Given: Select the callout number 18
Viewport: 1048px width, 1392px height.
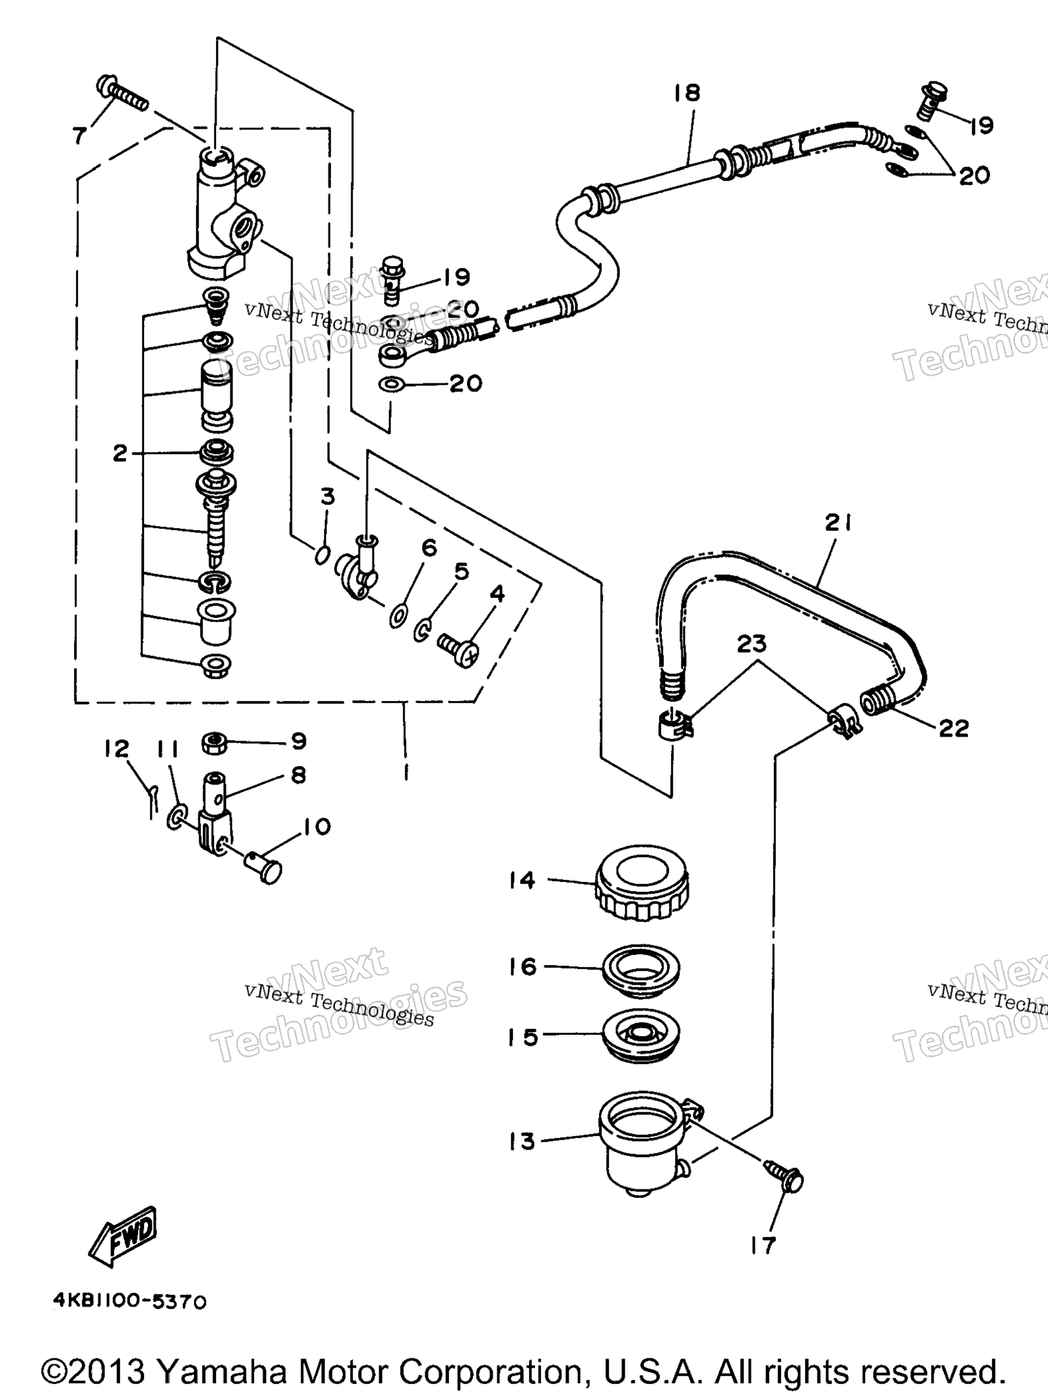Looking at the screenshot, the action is click(687, 92).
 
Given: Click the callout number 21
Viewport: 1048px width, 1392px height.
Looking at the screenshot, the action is click(838, 524).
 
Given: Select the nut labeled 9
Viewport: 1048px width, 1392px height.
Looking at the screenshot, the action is click(214, 743).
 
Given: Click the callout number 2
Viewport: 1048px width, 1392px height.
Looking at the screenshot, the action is click(120, 453).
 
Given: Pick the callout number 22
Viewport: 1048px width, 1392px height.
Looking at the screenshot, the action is click(953, 728).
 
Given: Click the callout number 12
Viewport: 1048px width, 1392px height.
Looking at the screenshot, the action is click(116, 748).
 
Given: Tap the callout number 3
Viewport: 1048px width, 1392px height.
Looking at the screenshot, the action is click(328, 496).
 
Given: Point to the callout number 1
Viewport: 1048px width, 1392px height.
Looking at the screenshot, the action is click(405, 770).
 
